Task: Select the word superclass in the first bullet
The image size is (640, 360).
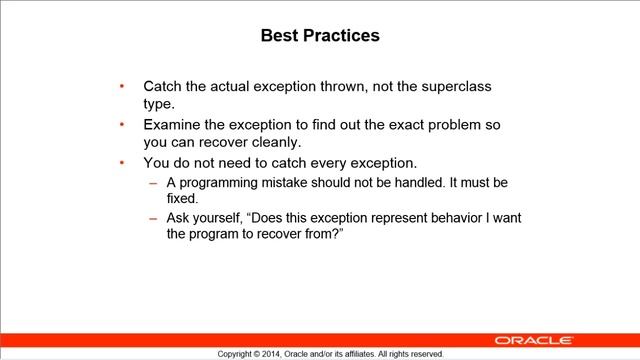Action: (453, 87)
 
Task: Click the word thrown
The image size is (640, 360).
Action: (359, 87)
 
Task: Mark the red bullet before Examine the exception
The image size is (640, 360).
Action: (122, 126)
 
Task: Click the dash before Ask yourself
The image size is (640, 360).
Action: (152, 217)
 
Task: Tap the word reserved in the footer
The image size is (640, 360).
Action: (425, 354)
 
